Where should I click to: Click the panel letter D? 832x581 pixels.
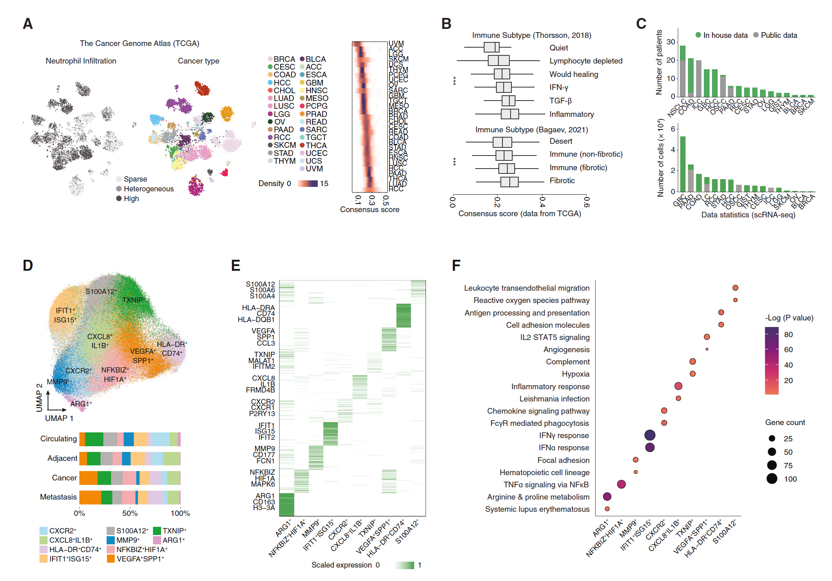28,265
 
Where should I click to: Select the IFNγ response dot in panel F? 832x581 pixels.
650,435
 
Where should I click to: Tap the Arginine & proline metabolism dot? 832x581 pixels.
607,496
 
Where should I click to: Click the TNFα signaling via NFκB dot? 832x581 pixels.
621,484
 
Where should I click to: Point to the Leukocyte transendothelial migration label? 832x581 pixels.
526,288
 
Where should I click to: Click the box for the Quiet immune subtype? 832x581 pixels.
491,47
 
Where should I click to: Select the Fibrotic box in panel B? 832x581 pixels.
509,182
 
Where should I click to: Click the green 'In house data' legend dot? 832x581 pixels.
698,35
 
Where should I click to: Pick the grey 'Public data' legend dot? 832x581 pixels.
756,35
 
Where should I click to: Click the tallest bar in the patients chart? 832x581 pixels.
682,71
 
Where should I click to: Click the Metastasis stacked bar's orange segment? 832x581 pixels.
90,497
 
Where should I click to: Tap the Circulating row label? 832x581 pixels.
59,438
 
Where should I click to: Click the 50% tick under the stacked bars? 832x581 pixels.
130,513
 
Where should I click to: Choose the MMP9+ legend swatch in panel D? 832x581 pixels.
110,540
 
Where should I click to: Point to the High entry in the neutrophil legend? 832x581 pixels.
119,198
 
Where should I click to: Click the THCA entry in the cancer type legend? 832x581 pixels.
302,145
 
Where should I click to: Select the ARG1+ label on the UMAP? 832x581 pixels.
81,403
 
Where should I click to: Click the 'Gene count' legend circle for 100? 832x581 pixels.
772,479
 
